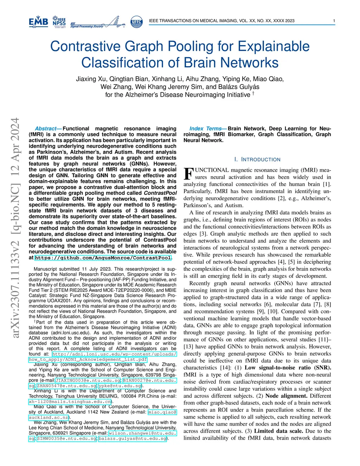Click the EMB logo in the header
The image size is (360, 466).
[x=38, y=22]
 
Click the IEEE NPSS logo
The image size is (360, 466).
[x=59, y=22]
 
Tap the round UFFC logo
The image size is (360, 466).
[x=136, y=22]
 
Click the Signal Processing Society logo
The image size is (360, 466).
[x=97, y=23]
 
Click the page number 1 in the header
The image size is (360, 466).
[x=334, y=21]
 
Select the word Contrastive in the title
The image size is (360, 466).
[x=85, y=46]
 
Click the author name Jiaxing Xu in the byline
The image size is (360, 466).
[x=91, y=79]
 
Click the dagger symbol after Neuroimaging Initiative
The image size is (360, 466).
[x=253, y=94]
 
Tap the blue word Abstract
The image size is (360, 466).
[x=46, y=129]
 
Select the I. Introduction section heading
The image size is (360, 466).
[x=257, y=159]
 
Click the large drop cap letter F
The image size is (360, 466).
[x=188, y=174]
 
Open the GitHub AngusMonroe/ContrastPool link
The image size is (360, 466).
[x=103, y=258]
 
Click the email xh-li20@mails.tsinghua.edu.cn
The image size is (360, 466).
[x=70, y=401]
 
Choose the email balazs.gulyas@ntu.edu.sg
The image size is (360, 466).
[x=133, y=439]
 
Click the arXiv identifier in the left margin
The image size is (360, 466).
[x=15, y=228]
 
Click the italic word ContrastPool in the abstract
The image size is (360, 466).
[x=160, y=193]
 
